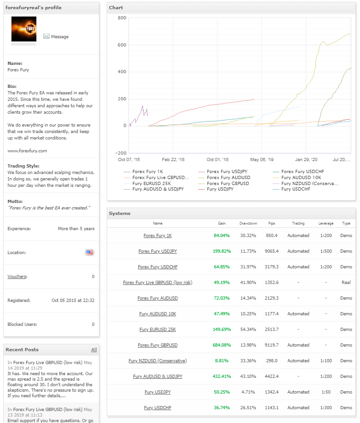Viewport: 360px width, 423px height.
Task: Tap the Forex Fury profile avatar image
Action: (x=23, y=30)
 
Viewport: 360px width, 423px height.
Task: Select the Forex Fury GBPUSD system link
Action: (x=157, y=345)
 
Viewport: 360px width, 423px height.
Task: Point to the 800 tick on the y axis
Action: (x=122, y=18)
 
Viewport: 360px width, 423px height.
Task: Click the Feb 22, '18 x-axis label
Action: (x=173, y=160)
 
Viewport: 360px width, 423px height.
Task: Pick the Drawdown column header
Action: (x=248, y=223)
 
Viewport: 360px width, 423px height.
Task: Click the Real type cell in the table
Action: (x=346, y=283)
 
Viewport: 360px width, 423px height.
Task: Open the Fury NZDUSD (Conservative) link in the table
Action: (x=157, y=361)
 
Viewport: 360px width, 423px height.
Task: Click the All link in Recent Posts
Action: (x=94, y=350)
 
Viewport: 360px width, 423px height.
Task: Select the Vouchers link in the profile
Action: (x=17, y=277)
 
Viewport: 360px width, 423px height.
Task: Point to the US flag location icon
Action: (x=89, y=253)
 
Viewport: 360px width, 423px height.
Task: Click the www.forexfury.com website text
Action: (x=27, y=151)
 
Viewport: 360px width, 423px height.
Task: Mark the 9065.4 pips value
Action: (x=271, y=251)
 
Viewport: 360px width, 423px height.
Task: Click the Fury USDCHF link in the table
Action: (x=157, y=408)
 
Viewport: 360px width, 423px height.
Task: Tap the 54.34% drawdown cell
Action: (x=248, y=330)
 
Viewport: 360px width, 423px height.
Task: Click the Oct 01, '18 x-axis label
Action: (x=217, y=160)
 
